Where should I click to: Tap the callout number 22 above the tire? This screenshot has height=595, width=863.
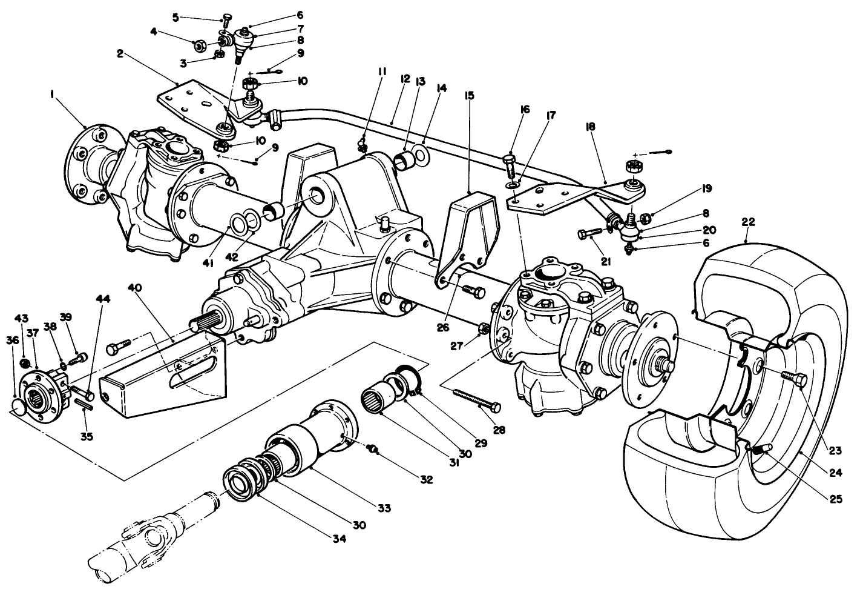[748, 223]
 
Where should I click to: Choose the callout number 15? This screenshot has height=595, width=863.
[469, 95]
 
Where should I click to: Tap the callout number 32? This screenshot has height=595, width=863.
[427, 480]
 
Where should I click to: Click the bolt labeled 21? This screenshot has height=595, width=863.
[593, 232]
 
